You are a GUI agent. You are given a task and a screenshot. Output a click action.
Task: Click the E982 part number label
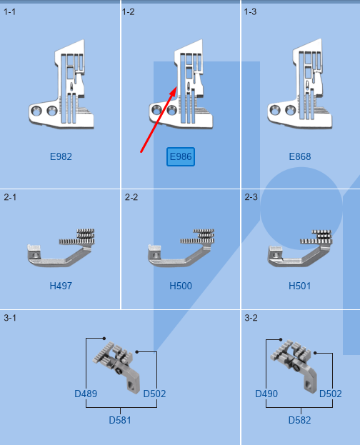(61, 156)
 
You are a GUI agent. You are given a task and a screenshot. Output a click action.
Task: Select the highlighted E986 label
(180, 156)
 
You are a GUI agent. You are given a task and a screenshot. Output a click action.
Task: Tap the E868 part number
(300, 156)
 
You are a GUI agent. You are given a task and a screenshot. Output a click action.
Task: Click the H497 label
(61, 286)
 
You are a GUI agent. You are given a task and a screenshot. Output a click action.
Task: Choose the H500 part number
(180, 286)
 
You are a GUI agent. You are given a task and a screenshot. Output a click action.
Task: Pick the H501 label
(300, 286)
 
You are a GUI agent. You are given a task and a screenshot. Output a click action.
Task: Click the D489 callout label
(86, 394)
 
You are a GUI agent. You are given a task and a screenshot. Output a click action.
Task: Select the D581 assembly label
(120, 420)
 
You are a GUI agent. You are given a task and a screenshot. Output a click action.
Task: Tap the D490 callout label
(266, 394)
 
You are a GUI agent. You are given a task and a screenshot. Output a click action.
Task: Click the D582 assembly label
(300, 420)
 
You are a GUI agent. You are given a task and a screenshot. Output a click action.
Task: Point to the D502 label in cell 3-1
(155, 394)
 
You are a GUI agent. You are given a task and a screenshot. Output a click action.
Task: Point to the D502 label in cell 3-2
(330, 394)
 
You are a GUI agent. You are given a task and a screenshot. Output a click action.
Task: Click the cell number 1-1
(10, 11)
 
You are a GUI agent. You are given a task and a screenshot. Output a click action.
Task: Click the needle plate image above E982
(61, 89)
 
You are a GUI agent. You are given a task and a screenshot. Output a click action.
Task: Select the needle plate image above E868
(300, 89)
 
